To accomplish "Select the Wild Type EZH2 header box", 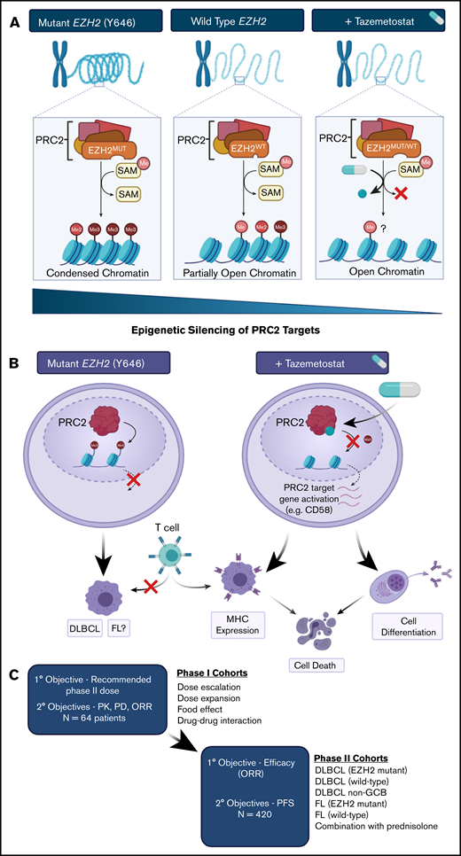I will (x=230, y=19).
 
